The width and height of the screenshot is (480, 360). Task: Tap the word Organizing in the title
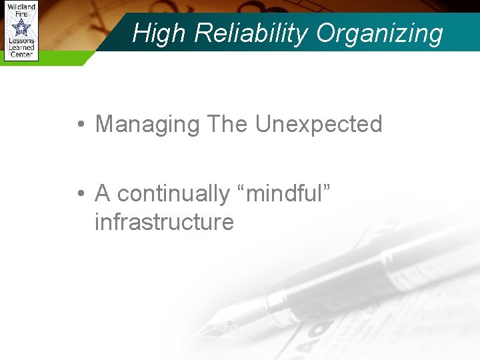tap(379, 33)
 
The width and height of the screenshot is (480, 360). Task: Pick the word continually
tap(173, 194)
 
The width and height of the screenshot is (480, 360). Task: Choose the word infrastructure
tap(164, 221)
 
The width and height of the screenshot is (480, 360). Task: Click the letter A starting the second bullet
tap(103, 193)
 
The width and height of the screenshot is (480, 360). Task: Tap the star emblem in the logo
tap(21, 27)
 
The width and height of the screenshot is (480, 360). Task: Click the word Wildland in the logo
tap(21, 7)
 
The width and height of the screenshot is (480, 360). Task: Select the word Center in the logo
tap(21, 55)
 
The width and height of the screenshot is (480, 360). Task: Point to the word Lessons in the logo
tap(21, 41)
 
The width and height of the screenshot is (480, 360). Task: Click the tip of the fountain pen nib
tap(198, 333)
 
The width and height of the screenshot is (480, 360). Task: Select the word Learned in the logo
tap(21, 48)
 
